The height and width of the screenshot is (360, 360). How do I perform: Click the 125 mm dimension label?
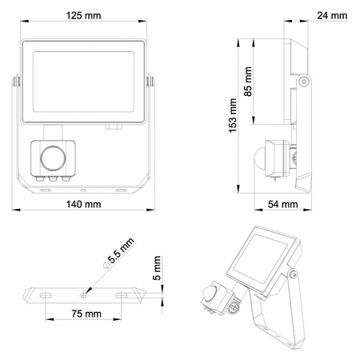(x=83, y=15)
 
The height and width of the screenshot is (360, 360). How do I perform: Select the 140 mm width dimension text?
(x=83, y=206)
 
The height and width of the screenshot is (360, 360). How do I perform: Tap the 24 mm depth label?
(x=331, y=16)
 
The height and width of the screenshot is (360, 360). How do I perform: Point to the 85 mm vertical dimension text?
(x=248, y=81)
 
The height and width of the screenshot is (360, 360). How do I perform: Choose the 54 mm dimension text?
(x=282, y=205)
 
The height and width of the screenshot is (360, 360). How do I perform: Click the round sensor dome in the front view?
(x=54, y=157)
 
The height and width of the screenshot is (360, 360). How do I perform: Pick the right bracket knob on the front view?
(x=151, y=80)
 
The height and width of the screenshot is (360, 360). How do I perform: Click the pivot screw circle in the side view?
(x=304, y=82)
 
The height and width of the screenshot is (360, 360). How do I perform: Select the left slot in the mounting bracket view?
(x=46, y=294)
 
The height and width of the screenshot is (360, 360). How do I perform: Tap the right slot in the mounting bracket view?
(x=124, y=294)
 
